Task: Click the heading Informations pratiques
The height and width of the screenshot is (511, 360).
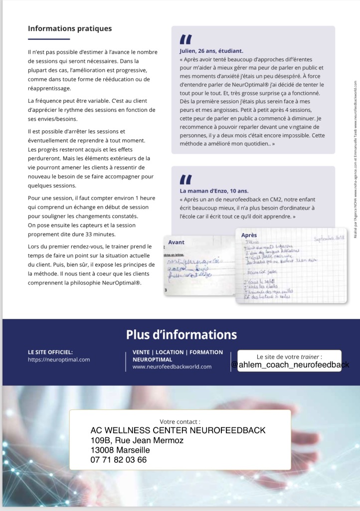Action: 70,28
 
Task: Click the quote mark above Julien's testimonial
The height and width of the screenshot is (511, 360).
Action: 185,39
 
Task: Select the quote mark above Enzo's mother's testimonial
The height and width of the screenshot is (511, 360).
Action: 185,179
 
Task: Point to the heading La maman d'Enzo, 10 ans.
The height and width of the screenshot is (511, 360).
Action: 214,191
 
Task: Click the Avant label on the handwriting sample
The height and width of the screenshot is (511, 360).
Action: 177,242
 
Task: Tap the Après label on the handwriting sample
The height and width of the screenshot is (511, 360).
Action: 249,235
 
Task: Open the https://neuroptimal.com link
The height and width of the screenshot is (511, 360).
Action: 59,359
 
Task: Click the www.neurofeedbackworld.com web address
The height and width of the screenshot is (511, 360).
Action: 172,366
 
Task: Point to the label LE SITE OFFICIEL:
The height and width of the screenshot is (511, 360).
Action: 50,352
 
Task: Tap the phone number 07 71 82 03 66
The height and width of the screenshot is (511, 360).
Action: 119,460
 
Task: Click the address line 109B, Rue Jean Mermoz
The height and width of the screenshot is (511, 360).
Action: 137,440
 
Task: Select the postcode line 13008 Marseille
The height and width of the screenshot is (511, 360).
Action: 120,450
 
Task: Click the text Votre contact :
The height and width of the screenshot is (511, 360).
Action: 180,421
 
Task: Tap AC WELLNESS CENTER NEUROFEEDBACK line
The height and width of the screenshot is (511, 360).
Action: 178,430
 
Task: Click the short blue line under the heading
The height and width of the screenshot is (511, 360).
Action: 49,39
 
